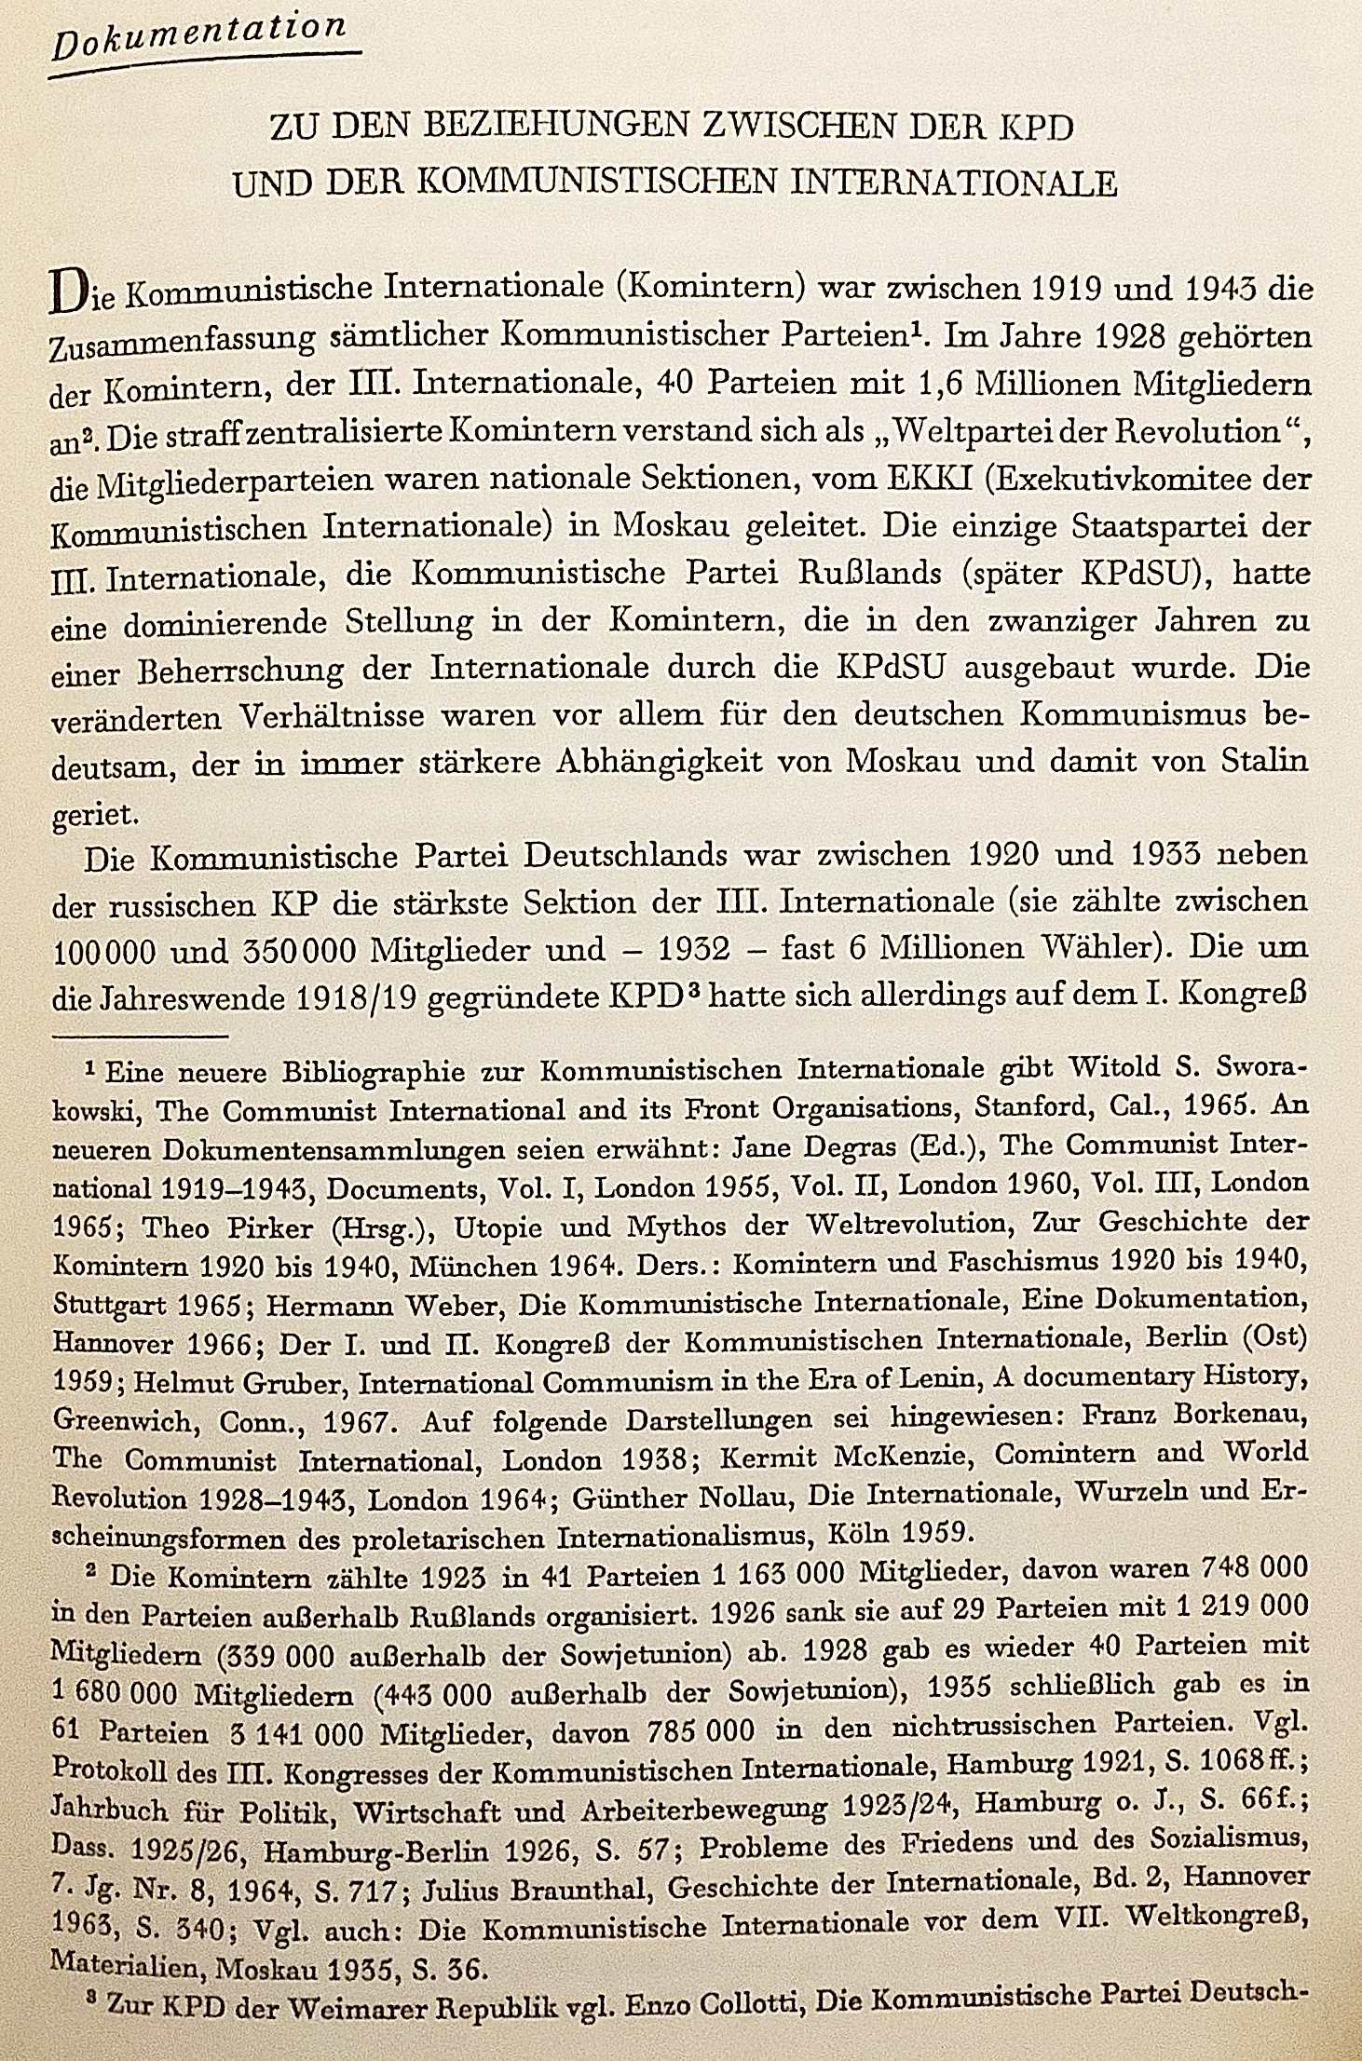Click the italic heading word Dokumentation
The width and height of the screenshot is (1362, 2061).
(198, 41)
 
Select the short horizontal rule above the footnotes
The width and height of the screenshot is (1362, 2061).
(141, 1035)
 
